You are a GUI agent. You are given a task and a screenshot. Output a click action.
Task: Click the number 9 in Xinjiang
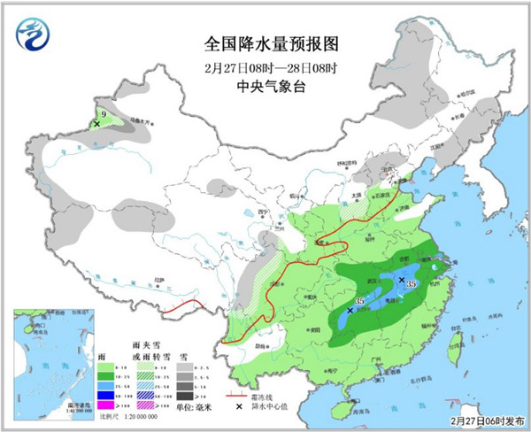coord(104,114)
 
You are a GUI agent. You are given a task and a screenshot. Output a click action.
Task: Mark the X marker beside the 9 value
coord(96,124)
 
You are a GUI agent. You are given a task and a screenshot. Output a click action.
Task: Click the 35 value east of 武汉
coord(412,283)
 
